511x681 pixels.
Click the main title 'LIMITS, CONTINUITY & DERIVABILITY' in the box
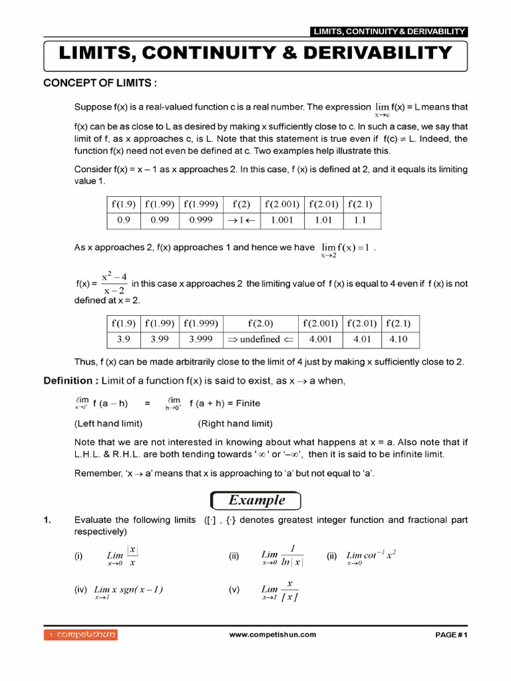(255, 53)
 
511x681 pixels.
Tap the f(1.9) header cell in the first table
(124, 204)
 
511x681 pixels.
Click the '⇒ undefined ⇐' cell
(260, 340)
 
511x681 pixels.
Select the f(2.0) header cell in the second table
(260, 324)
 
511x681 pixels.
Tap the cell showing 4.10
(398, 340)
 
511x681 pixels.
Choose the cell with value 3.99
(160, 340)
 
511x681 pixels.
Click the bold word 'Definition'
(68, 380)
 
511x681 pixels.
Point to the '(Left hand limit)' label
(108, 424)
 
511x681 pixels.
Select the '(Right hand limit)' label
(235, 424)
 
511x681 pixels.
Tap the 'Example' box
(256, 500)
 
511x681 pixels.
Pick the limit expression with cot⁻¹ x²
(371, 556)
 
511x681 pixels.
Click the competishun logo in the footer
(81, 635)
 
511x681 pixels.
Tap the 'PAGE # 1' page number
(452, 635)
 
